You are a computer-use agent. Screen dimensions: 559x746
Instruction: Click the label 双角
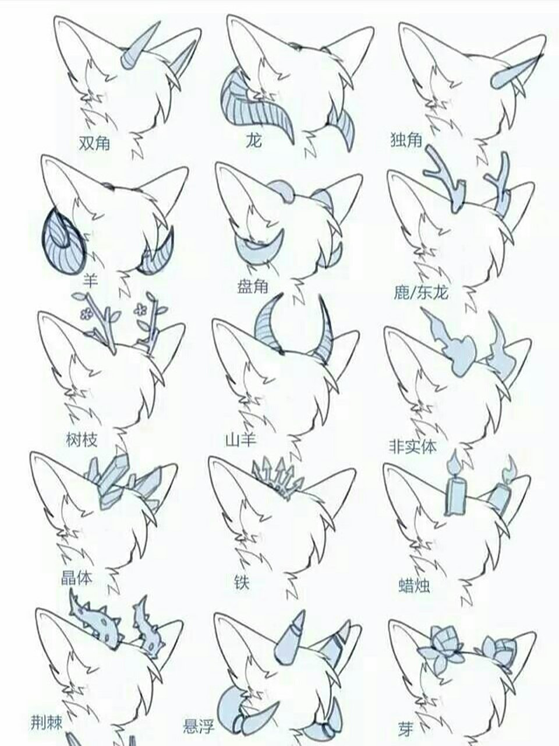94,143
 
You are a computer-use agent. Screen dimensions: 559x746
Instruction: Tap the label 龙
253,140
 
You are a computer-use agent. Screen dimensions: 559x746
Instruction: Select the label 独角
406,140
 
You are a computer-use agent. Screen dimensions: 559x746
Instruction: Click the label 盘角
253,287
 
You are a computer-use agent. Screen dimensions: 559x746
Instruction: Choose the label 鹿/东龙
421,292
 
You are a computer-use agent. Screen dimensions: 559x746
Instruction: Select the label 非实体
412,446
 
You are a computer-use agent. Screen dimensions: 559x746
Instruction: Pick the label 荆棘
47,720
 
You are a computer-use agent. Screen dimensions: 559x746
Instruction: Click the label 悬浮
199,724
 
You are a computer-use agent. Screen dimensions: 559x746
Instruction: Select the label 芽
405,726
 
